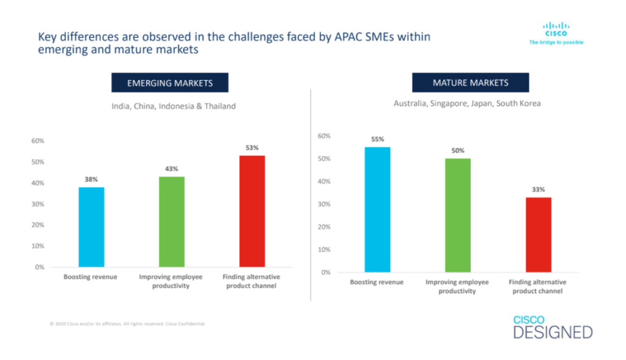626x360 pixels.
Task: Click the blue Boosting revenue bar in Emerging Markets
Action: coord(91,227)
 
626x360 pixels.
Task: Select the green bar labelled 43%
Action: coord(171,222)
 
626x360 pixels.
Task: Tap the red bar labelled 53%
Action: coord(252,211)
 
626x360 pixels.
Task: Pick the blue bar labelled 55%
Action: coord(377,209)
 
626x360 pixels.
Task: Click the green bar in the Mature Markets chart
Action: coord(458,215)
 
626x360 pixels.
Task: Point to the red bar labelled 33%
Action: coord(539,234)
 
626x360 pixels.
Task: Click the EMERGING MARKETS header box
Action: coord(169,83)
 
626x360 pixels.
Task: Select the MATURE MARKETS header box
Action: coord(470,83)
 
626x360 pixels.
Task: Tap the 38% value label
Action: coord(91,180)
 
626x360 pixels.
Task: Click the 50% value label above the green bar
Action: coord(458,150)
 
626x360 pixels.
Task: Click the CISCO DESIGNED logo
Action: coord(553,328)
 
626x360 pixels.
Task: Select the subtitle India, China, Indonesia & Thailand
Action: coord(173,106)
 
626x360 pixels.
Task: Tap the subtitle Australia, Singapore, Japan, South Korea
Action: coord(467,103)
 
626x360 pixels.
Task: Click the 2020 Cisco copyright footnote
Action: coord(127,323)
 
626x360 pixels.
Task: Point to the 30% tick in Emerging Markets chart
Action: coord(37,204)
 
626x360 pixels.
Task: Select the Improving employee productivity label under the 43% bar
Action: coord(172,281)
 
